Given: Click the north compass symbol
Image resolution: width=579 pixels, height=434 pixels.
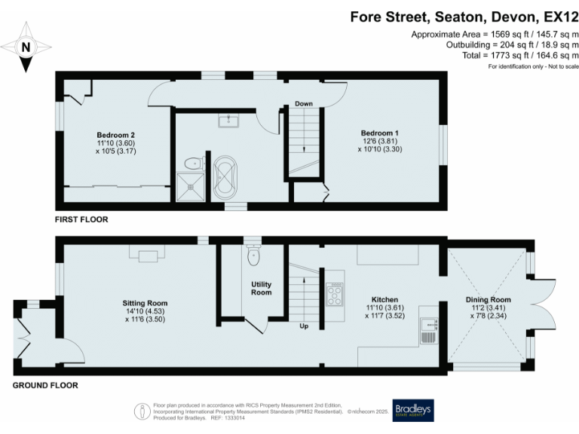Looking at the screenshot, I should click(x=26, y=47).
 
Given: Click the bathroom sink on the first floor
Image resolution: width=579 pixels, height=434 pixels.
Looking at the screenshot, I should click(x=226, y=121).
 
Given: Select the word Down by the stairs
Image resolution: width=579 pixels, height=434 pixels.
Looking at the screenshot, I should click(x=304, y=103).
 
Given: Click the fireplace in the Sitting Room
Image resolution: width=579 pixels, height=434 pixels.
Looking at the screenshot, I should click(x=147, y=254).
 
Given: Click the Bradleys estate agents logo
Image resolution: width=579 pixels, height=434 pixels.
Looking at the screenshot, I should click(x=412, y=410).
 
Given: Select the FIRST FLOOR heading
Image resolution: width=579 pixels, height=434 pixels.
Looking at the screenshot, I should click(x=81, y=220).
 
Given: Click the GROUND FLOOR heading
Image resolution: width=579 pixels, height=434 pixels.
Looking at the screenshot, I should click(x=44, y=385).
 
